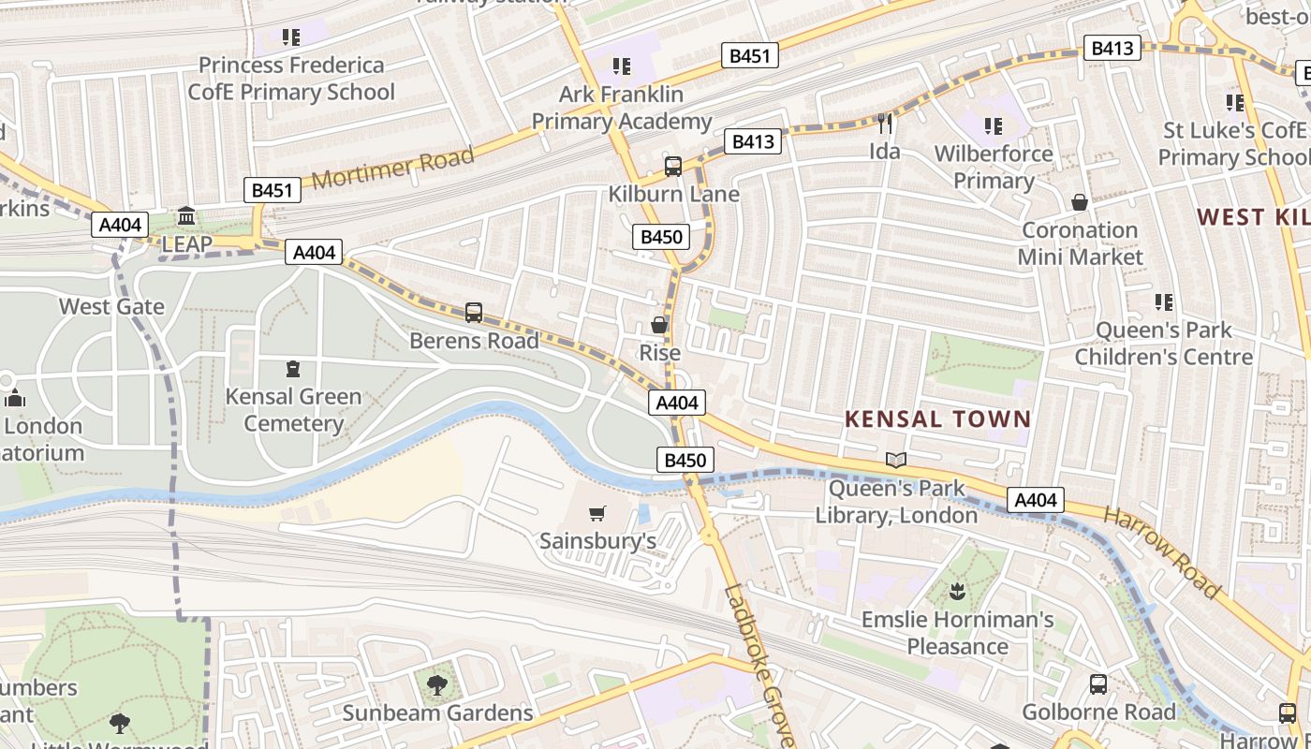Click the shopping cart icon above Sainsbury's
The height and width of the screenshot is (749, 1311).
pyautogui.click(x=597, y=513)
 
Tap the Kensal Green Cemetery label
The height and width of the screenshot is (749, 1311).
pyautogui.click(x=293, y=410)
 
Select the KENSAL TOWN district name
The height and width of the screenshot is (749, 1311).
pyautogui.click(x=937, y=419)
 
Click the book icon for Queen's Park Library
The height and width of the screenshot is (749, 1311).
pyautogui.click(x=896, y=460)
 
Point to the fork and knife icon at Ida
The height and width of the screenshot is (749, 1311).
pyautogui.click(x=885, y=124)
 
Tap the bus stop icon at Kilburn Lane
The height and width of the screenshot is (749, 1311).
pyautogui.click(x=672, y=167)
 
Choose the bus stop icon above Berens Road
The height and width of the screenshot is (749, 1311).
pyautogui.click(x=474, y=313)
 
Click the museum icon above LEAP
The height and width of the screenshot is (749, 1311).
pyautogui.click(x=186, y=217)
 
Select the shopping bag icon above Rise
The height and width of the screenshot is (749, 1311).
pyautogui.click(x=659, y=325)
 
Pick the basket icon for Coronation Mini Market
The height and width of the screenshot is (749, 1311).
pyautogui.click(x=1080, y=202)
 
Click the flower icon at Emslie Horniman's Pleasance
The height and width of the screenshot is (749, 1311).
pyautogui.click(x=957, y=592)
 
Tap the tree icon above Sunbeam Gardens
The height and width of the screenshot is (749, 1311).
pyautogui.click(x=436, y=685)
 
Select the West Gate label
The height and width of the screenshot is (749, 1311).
pyautogui.click(x=111, y=306)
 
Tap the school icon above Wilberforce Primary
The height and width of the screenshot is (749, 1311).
pyautogui.click(x=994, y=125)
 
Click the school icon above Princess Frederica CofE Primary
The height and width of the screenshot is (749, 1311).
pyautogui.click(x=291, y=37)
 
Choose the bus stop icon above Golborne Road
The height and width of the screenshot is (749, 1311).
pyautogui.click(x=1098, y=684)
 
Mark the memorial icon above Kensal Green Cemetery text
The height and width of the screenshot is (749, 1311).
pyautogui.click(x=293, y=369)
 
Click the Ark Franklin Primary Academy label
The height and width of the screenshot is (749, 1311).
pyautogui.click(x=622, y=108)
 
